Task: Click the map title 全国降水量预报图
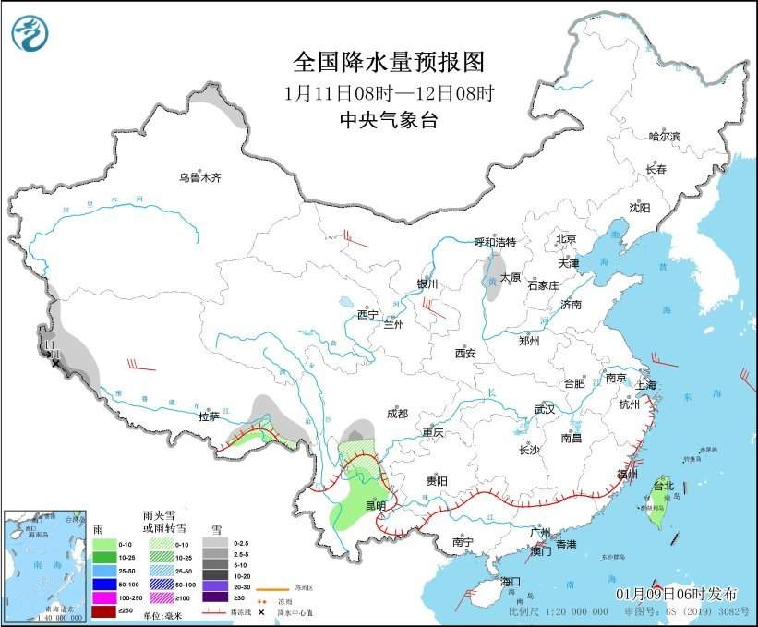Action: (x=388, y=62)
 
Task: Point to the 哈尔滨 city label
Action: (x=664, y=136)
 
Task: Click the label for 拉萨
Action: (x=211, y=416)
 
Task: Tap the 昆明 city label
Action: (x=375, y=505)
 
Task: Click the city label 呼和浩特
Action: (x=495, y=242)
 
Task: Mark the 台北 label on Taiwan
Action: (x=664, y=484)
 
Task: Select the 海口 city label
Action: (x=512, y=582)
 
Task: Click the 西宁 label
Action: (x=367, y=314)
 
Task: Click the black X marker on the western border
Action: (x=56, y=364)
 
